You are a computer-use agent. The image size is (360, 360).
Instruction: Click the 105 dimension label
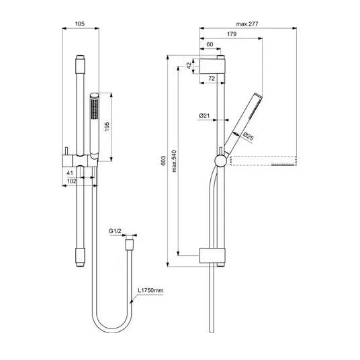coord(80,24)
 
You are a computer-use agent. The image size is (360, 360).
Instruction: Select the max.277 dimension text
coord(247,24)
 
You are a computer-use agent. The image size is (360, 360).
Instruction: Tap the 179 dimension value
coord(232,34)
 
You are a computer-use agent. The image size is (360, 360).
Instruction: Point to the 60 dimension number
coord(210,44)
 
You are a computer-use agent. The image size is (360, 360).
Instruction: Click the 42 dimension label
coord(189,65)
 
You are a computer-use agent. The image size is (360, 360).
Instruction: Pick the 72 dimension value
coord(212,79)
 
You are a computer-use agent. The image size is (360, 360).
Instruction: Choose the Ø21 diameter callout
coord(204,116)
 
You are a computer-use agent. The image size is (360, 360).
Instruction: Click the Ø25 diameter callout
coord(248,136)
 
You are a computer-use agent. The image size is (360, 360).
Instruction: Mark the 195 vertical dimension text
coord(107,127)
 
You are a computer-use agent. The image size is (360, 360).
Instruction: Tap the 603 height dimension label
coord(163,161)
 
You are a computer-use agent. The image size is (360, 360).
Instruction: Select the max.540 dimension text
coord(174,161)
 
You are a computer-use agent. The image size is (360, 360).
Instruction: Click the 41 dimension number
coord(70,173)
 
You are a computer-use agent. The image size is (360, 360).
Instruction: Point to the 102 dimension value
coord(72,181)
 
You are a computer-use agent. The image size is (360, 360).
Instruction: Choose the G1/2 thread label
coord(115,231)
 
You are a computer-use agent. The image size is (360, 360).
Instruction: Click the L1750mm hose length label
coord(150,290)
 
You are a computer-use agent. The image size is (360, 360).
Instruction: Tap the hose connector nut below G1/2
coord(129,245)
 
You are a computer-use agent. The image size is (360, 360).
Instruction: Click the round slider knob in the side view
coord(221,161)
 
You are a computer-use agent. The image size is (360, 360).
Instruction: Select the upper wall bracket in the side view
coord(212,66)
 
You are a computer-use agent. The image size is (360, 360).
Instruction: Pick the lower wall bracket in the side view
coord(212,255)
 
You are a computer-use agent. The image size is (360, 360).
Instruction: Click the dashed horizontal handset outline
coord(263,161)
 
